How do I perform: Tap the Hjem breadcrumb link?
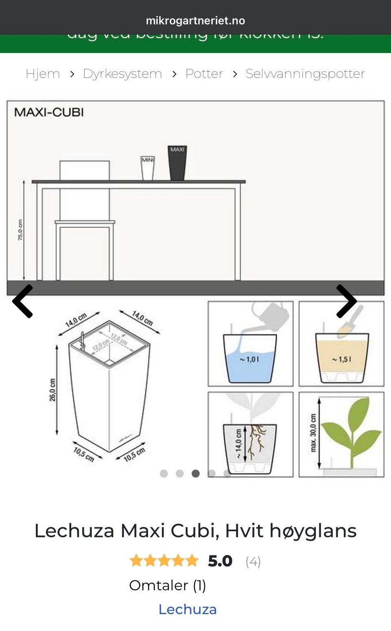(x=42, y=74)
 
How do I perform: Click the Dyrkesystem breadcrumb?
(x=122, y=74)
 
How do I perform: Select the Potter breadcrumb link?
(x=204, y=74)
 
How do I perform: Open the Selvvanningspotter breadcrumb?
(x=305, y=74)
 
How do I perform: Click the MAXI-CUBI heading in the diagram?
(x=49, y=112)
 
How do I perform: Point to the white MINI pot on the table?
(x=147, y=168)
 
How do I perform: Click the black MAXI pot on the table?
(x=178, y=163)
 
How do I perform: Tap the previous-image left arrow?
(x=23, y=301)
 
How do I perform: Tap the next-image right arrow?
(x=346, y=301)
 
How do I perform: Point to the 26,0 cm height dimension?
(x=53, y=390)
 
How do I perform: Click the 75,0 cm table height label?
(x=20, y=230)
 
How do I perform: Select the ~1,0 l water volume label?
(x=249, y=359)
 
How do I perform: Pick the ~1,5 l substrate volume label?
(x=341, y=359)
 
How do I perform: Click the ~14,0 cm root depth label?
(x=239, y=444)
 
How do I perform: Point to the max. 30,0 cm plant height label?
(x=313, y=433)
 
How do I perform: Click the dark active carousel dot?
(x=195, y=473)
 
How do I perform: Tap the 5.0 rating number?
(x=220, y=561)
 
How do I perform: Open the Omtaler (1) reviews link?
(x=167, y=585)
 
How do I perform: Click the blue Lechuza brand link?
(x=187, y=609)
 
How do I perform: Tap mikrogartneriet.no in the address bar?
(x=195, y=20)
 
